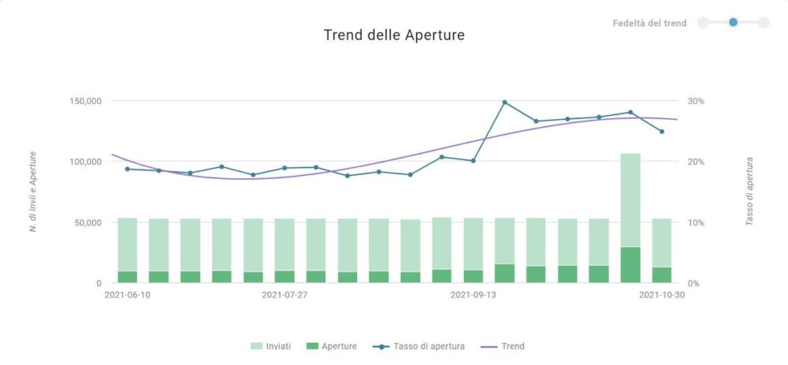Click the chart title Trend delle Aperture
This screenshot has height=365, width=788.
coord(394,35)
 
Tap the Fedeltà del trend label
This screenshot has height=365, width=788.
coord(649,23)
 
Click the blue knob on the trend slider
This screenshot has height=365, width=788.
coord(733,22)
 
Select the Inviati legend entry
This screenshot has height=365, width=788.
coord(272,346)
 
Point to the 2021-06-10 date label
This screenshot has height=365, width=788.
coord(128,295)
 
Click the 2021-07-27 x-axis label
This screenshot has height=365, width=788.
coord(284,295)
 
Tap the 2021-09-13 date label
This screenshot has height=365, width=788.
coord(473,295)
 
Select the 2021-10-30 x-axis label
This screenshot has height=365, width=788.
coord(661,295)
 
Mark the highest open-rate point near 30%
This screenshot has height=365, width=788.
coord(504,102)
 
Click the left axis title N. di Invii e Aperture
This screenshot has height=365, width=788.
coord(33,192)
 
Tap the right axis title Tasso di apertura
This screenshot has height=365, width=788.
coord(749,192)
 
